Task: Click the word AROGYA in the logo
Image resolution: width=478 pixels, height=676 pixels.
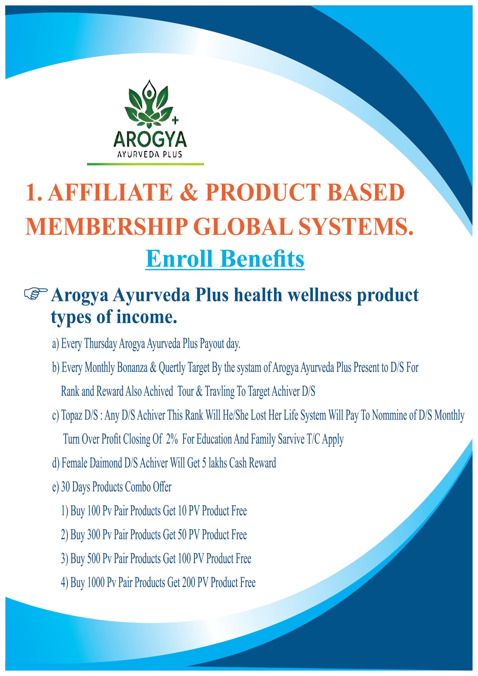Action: pyautogui.click(x=150, y=140)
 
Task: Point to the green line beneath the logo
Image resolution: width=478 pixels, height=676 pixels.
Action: pyautogui.click(x=145, y=164)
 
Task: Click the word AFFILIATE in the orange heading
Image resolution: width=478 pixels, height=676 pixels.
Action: pyautogui.click(x=110, y=192)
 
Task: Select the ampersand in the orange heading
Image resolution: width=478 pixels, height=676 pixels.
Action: pyautogui.click(x=189, y=192)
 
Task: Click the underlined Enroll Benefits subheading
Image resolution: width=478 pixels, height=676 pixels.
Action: pyautogui.click(x=225, y=259)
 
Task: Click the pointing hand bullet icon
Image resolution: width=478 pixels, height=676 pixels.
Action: pyautogui.click(x=36, y=293)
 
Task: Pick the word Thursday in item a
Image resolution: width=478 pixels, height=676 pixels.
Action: pyautogui.click(x=100, y=343)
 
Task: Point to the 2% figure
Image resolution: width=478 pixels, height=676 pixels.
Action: pyautogui.click(x=172, y=439)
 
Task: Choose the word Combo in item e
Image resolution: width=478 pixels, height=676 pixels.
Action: pyautogui.click(x=138, y=487)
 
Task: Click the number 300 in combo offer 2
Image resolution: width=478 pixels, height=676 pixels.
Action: pyautogui.click(x=94, y=535)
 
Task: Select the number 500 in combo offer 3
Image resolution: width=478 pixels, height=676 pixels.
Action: pyautogui.click(x=94, y=558)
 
